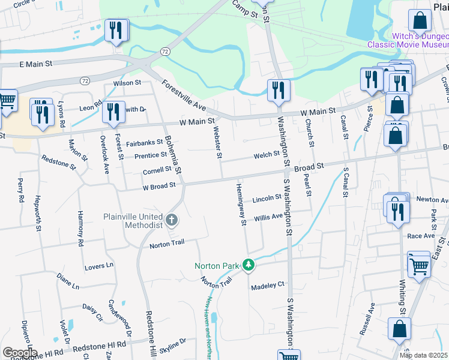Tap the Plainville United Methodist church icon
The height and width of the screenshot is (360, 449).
172,220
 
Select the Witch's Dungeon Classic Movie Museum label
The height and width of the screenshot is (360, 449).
408,40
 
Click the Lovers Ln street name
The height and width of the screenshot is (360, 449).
98,265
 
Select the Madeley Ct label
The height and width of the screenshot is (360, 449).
267,286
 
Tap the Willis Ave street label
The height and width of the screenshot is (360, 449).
268,217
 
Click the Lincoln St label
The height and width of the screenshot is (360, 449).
267,197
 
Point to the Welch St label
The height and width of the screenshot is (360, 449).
267,154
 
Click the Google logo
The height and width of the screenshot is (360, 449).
19,353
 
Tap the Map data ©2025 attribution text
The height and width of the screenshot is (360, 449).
423,355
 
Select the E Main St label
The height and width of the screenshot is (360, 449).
35,63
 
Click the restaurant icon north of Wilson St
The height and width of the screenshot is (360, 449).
115,31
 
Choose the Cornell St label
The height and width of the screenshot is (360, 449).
157,171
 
